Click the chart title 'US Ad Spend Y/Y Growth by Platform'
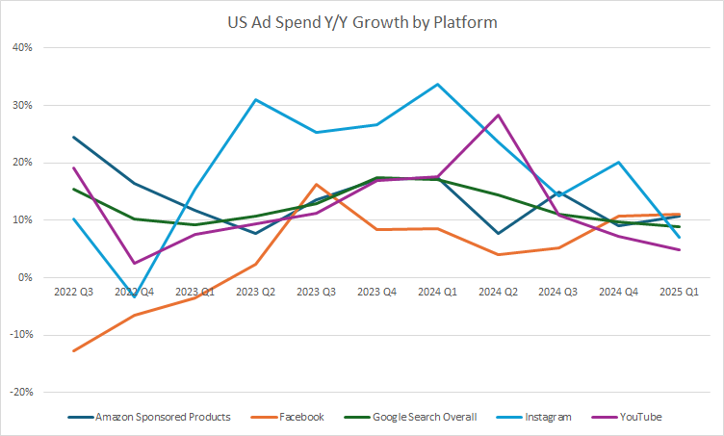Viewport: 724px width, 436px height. tap(362, 22)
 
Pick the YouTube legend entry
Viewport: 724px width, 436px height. tap(638, 417)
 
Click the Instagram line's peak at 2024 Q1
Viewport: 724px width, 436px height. tap(438, 84)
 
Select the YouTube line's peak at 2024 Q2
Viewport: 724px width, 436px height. tap(499, 115)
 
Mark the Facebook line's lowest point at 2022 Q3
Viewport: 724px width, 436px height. tap(74, 350)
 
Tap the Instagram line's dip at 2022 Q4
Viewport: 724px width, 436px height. tap(135, 296)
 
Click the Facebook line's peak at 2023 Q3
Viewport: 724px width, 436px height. tap(317, 184)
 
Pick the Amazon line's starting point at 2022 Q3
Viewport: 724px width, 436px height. tap(74, 137)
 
